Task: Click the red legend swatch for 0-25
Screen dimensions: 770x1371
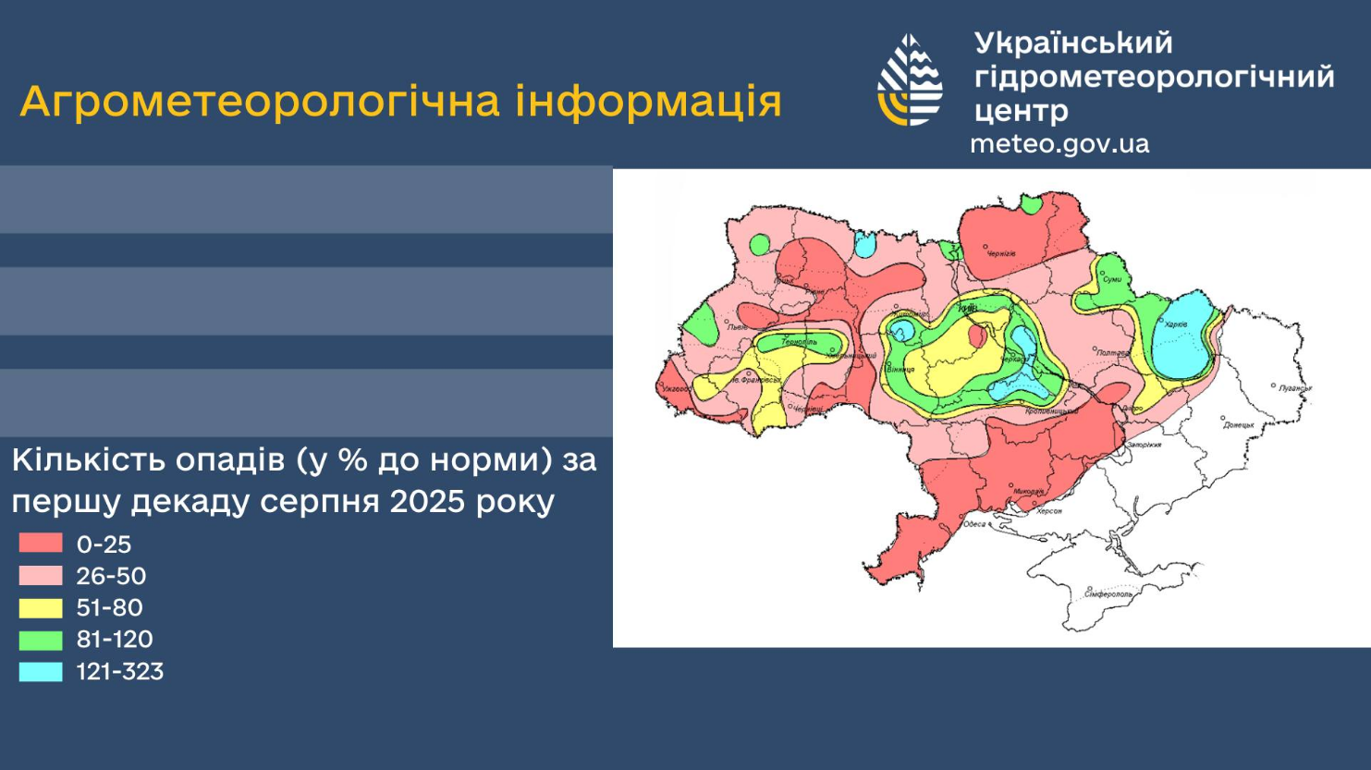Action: (x=41, y=543)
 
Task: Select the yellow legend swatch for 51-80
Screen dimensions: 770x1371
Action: (x=41, y=607)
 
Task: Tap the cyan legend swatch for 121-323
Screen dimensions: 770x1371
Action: (x=41, y=671)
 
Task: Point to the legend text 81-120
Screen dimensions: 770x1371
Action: (x=114, y=639)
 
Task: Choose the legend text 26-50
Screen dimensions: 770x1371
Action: (x=111, y=576)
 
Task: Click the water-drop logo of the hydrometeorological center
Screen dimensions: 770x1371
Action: (x=910, y=80)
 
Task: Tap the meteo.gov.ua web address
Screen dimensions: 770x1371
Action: (x=1059, y=144)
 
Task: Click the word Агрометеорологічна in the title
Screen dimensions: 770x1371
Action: (x=262, y=101)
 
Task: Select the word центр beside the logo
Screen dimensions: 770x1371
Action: (x=1021, y=111)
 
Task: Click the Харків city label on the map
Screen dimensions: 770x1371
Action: (x=1176, y=324)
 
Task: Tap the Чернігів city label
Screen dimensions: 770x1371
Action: (x=1002, y=253)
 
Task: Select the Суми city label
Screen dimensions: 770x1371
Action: (x=1112, y=279)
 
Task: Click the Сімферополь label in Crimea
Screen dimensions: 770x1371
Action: (x=1108, y=594)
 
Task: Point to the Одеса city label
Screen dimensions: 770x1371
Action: (x=974, y=524)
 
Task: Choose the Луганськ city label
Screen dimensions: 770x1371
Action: (x=1295, y=388)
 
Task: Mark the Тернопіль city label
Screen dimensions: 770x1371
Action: (x=799, y=342)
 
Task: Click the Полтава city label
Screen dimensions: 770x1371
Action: (x=1112, y=352)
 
